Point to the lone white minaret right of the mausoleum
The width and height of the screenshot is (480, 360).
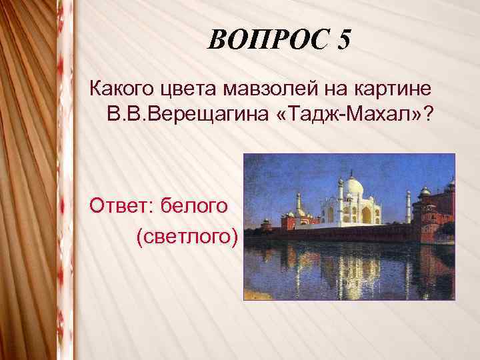coord(409,207)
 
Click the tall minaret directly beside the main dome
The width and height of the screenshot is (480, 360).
coord(340,200)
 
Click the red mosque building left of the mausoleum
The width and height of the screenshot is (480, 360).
coord(297,219)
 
